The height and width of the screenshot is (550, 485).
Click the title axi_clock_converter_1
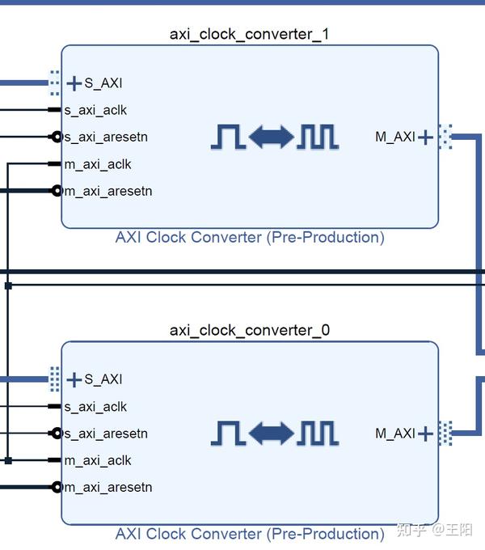coord(249,34)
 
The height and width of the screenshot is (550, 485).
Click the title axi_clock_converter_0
coord(249,330)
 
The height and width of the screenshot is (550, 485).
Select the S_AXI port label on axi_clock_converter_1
coord(103,83)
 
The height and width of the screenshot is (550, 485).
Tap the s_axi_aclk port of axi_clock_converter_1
coord(95,110)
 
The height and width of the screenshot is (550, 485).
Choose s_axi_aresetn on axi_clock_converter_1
coord(106,137)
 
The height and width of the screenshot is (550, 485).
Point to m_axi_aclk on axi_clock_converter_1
coord(98,164)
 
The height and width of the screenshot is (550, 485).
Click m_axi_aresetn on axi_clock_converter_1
coord(108,191)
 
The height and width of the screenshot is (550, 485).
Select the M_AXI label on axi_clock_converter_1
coord(394,137)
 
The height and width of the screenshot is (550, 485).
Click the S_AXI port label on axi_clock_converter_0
coord(103,379)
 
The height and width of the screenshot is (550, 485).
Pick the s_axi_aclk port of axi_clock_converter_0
coord(95,407)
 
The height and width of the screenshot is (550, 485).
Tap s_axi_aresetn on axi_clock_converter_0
coord(106,434)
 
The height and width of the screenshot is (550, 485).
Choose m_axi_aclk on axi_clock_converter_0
coord(98,460)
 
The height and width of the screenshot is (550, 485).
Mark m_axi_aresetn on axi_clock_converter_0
coord(108,487)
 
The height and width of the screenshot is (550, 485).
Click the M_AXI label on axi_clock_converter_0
coord(394,434)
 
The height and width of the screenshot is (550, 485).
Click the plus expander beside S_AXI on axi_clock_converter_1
coord(74,83)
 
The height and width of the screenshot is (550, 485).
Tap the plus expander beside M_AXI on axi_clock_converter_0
coord(426,434)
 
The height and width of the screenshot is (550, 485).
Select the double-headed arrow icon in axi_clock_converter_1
coord(272,137)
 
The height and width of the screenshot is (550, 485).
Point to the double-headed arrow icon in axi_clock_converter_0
coord(272,434)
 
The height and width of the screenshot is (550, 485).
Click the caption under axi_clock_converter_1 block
coord(249,237)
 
